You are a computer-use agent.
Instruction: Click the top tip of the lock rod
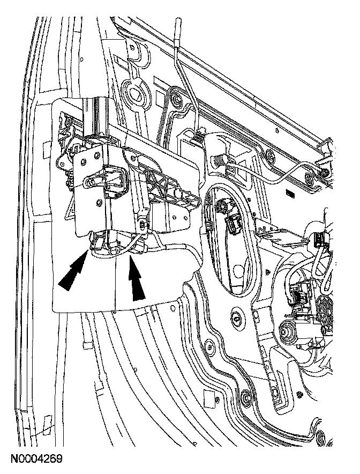[178, 22]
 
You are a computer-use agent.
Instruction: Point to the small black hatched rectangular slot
[290, 191]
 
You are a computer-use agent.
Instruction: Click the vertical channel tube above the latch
[96, 115]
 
